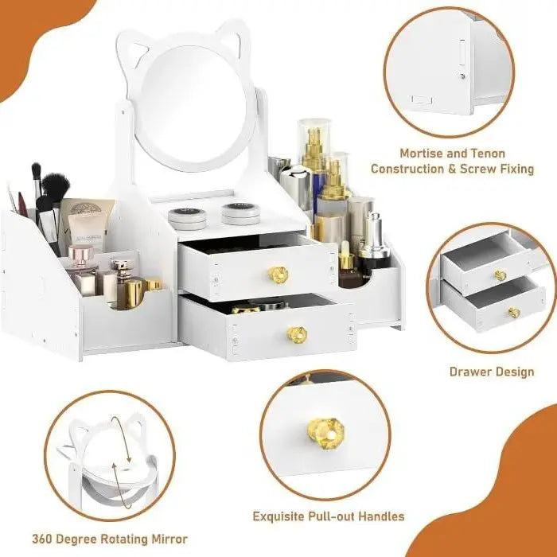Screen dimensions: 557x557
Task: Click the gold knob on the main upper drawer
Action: (x=278, y=275)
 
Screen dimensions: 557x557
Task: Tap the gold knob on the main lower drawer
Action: (x=297, y=335)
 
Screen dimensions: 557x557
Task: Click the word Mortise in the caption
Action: (x=424, y=153)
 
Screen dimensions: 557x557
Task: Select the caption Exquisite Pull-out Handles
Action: (x=329, y=516)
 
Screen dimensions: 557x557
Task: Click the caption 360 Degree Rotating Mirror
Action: (x=110, y=539)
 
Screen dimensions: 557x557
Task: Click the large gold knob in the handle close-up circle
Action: (x=325, y=434)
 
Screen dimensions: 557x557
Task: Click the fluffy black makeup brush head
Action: (x=56, y=188)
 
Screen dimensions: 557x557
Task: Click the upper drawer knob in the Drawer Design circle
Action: (x=500, y=276)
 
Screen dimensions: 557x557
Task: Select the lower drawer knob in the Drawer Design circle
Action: (x=513, y=313)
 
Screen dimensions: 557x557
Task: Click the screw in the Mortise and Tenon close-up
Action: (x=461, y=76)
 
